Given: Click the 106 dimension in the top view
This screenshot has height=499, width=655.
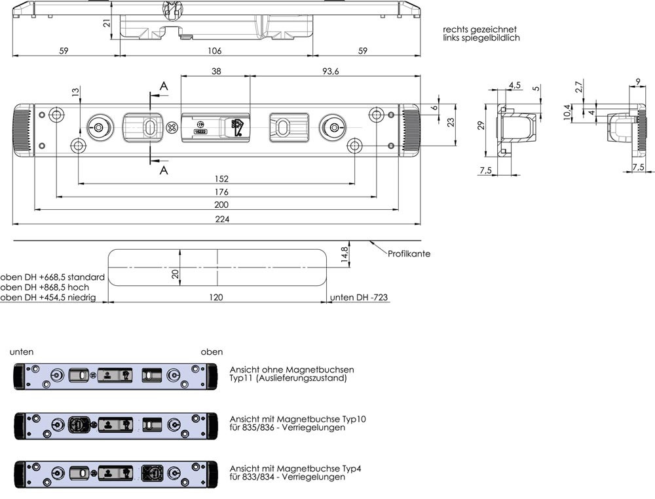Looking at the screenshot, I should pos(214,50).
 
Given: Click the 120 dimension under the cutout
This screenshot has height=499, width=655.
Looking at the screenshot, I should pos(216,297).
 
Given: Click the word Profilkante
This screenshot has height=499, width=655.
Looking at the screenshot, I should pos(409,254).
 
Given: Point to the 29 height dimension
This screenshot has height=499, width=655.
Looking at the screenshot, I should pos(480,125).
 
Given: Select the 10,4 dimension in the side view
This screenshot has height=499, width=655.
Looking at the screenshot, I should pos(567,113).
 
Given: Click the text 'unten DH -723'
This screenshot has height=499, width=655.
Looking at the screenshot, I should pos(359,297).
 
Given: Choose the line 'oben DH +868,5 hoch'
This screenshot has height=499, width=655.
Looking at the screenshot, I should pos(45,287).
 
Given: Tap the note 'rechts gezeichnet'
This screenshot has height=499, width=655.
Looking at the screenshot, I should pos(479,30).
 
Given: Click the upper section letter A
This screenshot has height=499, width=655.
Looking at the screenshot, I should pos(163,86).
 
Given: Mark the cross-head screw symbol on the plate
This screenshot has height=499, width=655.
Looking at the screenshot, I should pos(173,127).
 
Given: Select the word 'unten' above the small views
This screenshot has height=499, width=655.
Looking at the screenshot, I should pos(22,352).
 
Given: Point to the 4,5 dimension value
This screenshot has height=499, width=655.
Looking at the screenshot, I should pos(515,85).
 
